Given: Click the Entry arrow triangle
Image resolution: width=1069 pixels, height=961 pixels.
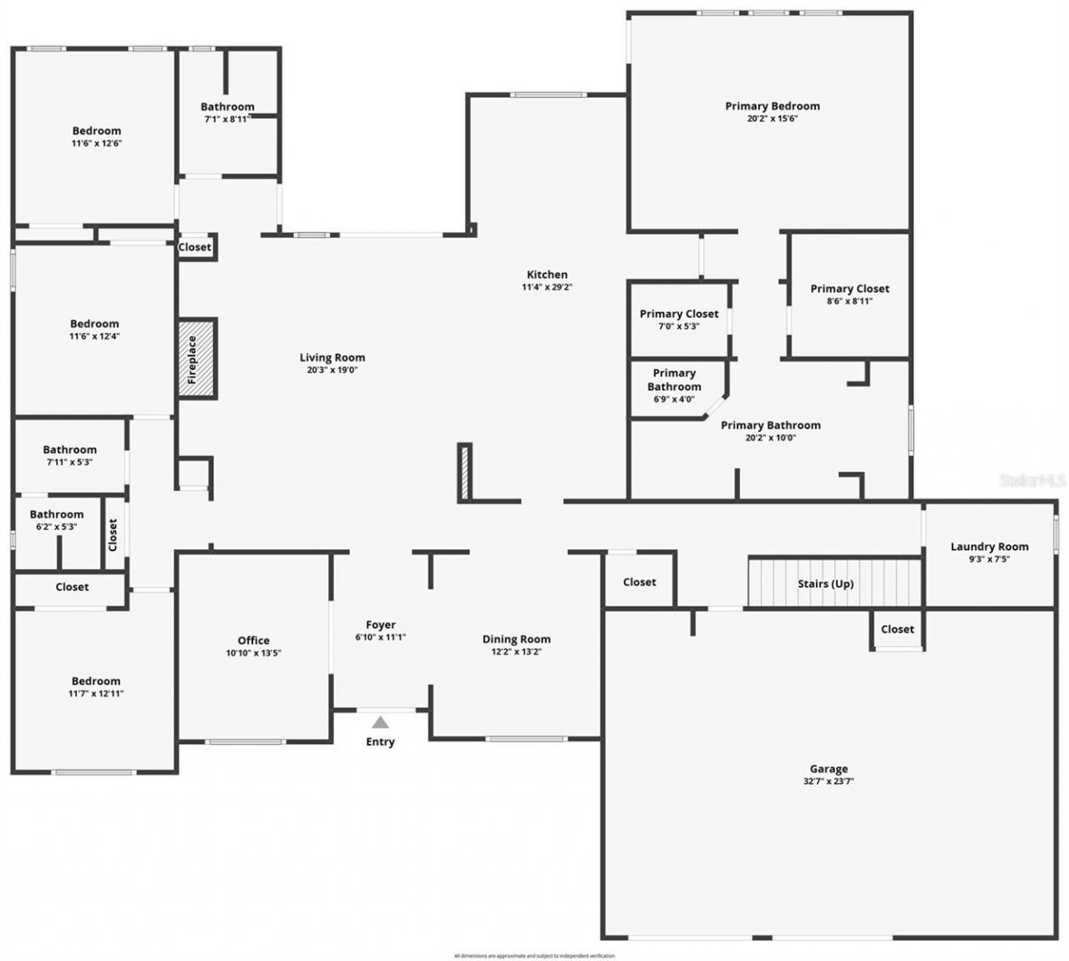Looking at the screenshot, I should tap(380, 722).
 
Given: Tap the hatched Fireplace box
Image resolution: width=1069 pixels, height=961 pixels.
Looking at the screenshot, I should tap(197, 359).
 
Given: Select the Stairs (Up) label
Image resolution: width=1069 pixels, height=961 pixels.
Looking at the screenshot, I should tap(825, 584).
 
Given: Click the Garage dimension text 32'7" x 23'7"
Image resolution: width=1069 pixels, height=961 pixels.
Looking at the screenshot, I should tap(828, 782).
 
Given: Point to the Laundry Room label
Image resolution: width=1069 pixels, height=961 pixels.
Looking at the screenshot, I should tap(989, 547).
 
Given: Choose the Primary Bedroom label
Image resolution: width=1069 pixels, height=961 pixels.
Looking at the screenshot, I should tap(772, 106).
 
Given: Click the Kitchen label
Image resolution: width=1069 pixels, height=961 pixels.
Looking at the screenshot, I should tap(547, 275).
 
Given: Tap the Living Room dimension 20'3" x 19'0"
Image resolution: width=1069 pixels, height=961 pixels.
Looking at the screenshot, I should tap(332, 370).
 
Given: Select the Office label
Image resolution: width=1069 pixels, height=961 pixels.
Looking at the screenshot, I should tap(253, 640).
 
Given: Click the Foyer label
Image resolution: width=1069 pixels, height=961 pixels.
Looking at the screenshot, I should tap(381, 625).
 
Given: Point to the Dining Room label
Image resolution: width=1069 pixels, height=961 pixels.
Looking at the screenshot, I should tap(516, 640).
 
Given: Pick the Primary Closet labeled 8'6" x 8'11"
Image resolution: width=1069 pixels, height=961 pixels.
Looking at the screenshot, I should tap(849, 289).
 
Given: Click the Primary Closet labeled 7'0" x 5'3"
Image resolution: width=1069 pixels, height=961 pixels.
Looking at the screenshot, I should tap(679, 314).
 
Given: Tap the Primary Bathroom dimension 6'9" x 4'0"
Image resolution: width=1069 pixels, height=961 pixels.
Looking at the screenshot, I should tap(674, 399).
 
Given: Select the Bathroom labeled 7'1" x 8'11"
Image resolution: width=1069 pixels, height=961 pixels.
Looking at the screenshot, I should tap(227, 107).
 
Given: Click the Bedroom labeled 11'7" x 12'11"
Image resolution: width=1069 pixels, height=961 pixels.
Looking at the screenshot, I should tap(96, 681).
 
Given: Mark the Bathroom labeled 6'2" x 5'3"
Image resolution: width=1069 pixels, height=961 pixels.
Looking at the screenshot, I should tap(57, 514).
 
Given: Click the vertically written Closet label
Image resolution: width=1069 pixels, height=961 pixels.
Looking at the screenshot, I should tap(113, 535).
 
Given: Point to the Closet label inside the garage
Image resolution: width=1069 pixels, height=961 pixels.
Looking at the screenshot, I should tap(897, 630).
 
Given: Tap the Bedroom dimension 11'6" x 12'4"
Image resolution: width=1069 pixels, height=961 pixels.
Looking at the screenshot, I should tap(94, 336).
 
